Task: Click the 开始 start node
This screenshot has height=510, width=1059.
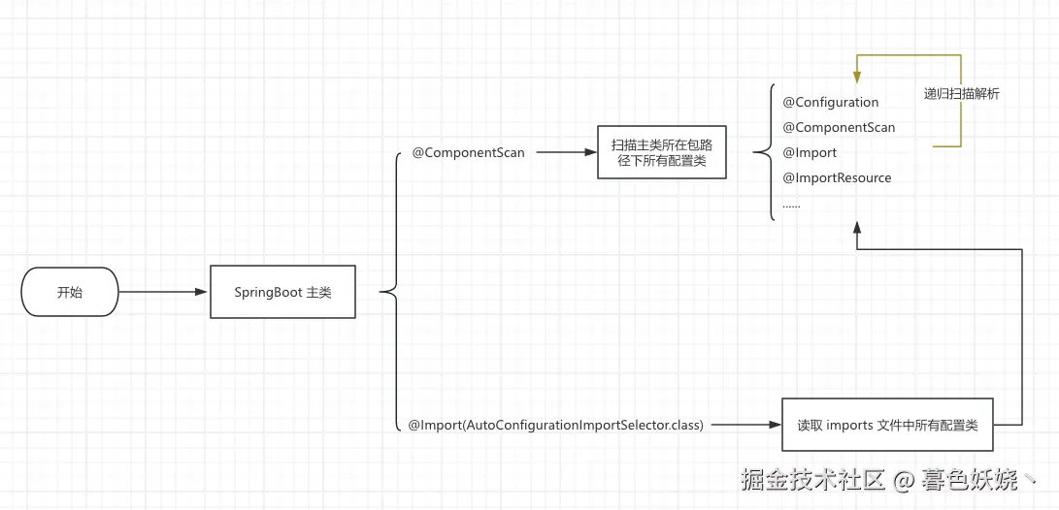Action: [x=70, y=292]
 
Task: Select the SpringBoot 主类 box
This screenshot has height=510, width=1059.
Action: [x=282, y=292]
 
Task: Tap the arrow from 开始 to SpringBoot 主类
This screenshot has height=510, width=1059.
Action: [x=164, y=292]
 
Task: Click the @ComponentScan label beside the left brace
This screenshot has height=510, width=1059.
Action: [x=468, y=153]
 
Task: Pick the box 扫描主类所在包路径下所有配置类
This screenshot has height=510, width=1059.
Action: [x=661, y=152]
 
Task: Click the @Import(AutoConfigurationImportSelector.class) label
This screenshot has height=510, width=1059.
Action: [x=555, y=425]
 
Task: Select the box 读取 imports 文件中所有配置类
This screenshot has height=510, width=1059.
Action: [x=887, y=425]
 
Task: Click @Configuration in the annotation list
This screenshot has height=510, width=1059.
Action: [x=830, y=102]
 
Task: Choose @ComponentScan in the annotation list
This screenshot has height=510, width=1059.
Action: [x=839, y=127]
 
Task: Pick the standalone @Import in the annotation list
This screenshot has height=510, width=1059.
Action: [x=810, y=152]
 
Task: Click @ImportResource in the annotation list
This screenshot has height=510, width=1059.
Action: [x=837, y=177]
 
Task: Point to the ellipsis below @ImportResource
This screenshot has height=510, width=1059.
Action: [x=791, y=205]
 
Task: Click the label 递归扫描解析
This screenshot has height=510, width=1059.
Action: [x=961, y=94]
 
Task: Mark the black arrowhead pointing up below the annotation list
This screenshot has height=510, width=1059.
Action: [x=856, y=227]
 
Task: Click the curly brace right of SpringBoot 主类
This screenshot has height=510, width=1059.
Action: [x=390, y=291]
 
